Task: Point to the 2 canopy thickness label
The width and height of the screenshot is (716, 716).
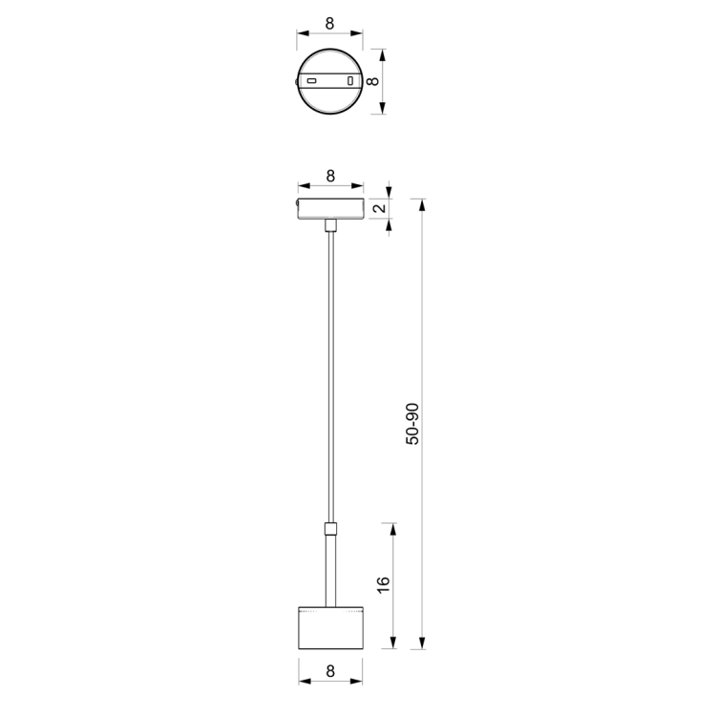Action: [x=379, y=209]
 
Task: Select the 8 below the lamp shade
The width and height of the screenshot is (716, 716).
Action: [x=330, y=671]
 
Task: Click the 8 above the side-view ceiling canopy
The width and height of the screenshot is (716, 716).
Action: [x=330, y=176]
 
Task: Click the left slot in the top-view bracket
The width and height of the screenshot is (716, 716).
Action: [x=310, y=82]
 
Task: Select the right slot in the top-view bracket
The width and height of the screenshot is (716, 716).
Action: [x=350, y=82]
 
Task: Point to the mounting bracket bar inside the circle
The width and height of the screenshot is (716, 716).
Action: [x=330, y=82]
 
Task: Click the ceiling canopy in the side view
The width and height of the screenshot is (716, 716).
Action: [x=330, y=207]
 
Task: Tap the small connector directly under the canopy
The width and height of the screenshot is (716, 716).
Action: [x=330, y=225]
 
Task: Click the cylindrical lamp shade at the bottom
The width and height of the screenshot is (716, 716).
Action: [x=330, y=628]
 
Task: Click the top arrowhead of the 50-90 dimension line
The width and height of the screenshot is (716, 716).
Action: [x=423, y=202]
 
